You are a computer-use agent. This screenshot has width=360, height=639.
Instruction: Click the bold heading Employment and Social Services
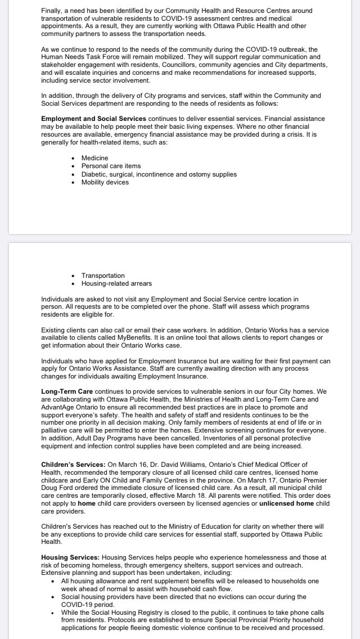pos(94,119)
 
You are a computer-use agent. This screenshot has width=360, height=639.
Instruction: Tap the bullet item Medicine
pos(94,158)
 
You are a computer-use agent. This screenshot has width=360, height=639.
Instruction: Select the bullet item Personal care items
pos(111,166)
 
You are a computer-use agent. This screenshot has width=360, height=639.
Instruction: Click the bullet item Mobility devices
pos(105,182)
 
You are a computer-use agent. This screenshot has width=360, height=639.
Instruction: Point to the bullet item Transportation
pos(103,276)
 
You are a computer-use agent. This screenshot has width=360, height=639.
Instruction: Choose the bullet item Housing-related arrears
pos(116,283)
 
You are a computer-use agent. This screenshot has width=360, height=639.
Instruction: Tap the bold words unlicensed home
pos(287,502)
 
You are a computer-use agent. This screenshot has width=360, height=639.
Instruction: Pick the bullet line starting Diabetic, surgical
pos(159,174)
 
